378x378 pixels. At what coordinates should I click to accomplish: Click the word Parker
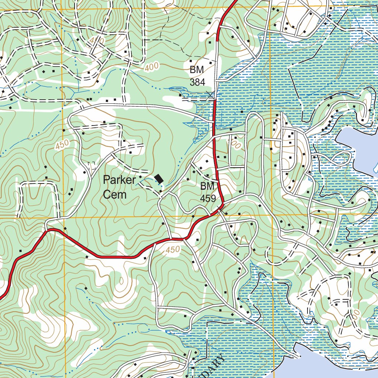pos(120,181)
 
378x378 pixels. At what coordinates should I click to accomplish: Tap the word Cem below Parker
pos(114,195)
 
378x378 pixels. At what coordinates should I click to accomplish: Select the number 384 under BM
pos(197,82)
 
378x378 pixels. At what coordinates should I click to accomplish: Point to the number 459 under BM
pos(208,198)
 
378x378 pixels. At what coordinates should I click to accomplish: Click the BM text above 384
pos(197,70)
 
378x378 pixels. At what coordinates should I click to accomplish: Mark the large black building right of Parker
pos(159,179)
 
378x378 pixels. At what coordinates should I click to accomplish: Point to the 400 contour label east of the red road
pos(234,144)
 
